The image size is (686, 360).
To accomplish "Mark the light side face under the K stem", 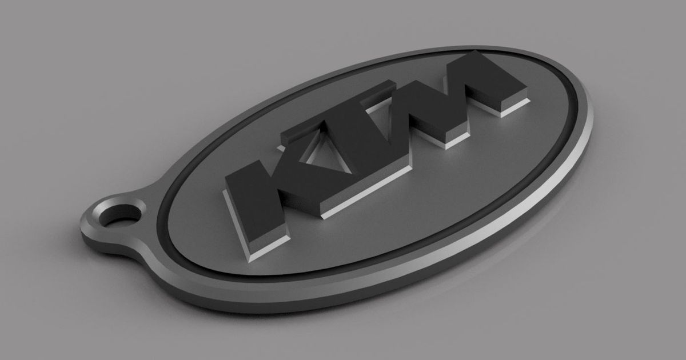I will coord(260,247).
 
